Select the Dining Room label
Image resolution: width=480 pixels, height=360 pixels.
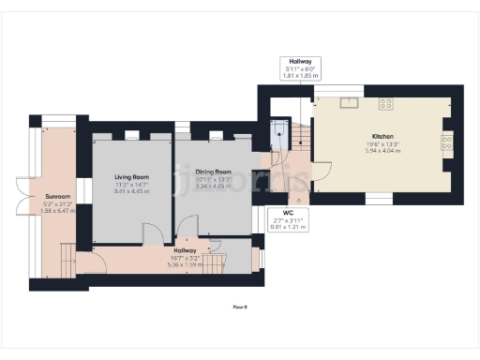213,172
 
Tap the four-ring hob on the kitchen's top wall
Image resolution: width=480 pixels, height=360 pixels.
385,102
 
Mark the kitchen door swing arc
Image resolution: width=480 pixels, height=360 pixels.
322,171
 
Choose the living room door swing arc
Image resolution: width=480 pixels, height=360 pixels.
150,231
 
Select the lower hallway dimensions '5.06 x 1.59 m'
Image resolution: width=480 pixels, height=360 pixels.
185,264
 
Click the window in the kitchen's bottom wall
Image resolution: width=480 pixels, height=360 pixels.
378,199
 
